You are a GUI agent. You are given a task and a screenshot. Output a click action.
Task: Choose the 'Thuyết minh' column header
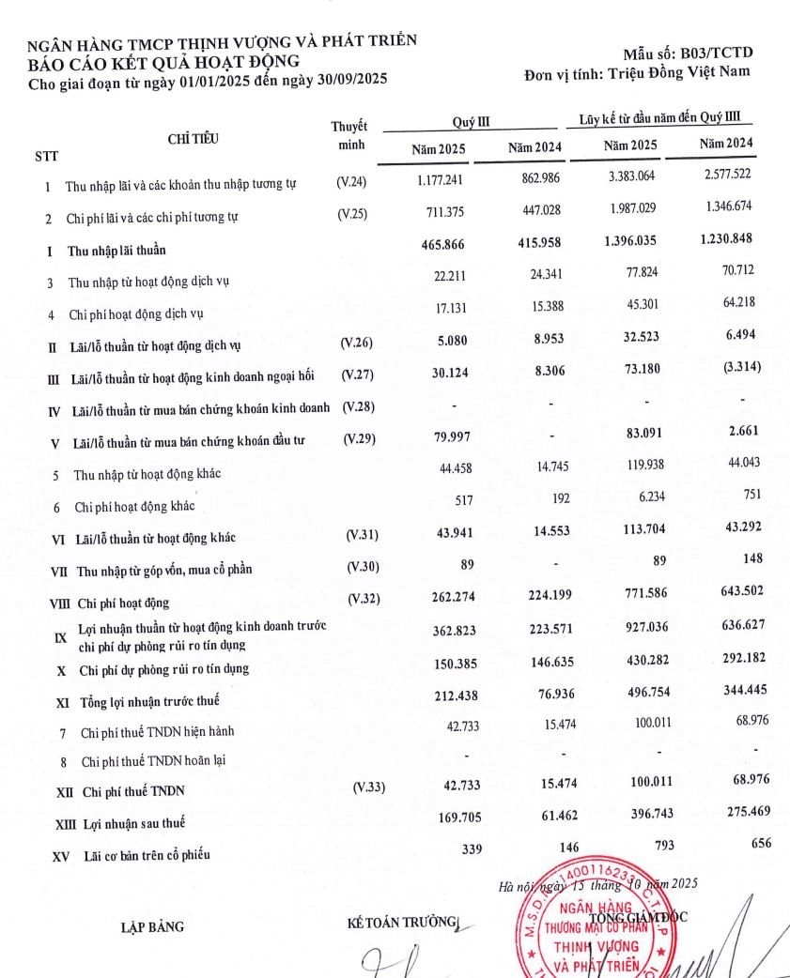click(x=349, y=136)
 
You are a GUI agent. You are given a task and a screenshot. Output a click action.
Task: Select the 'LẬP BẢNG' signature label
click(x=152, y=927)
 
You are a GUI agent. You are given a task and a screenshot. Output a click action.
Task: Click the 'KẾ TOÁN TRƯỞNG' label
click(x=400, y=922)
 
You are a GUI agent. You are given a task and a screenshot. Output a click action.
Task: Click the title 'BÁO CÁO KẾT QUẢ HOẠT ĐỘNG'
click(x=164, y=61)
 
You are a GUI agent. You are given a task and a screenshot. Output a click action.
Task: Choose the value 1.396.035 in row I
click(x=630, y=239)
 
